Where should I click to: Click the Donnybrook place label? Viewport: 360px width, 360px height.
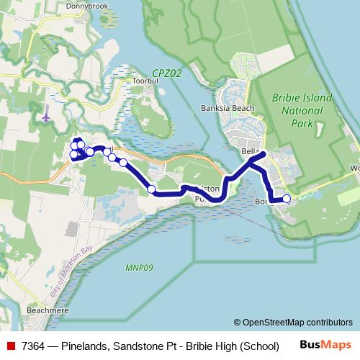(86, 6)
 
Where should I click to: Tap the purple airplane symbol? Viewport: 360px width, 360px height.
(48, 115)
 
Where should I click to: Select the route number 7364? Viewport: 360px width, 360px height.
(34, 346)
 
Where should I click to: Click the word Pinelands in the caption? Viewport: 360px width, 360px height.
(84, 346)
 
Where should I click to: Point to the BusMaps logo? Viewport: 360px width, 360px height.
(325, 345)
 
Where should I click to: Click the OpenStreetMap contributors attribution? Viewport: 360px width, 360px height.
(297, 323)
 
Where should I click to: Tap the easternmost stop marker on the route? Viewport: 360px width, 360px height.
(287, 199)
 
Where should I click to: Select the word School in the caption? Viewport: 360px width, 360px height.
(260, 346)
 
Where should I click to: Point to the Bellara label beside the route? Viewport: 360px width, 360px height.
(250, 151)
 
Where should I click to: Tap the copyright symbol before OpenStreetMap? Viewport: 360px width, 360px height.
(237, 323)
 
